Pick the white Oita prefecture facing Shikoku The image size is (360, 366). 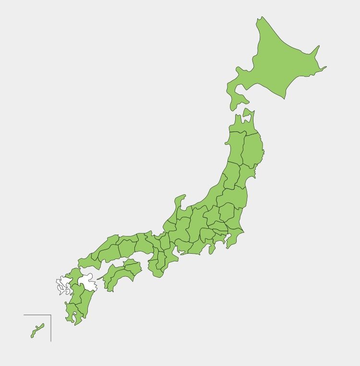[x=88, y=282]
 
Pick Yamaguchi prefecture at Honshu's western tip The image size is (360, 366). [x=88, y=261]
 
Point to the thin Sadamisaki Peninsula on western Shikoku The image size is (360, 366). [x=100, y=277]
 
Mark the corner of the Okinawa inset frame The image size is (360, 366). [x=51, y=315]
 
